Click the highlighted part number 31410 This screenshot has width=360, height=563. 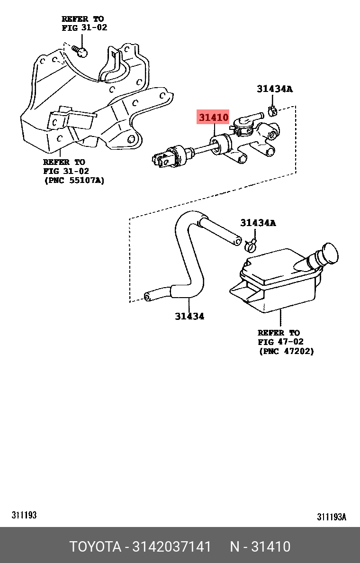click(213, 117)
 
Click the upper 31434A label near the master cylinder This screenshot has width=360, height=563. click(275, 89)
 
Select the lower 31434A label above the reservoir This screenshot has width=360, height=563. click(258, 223)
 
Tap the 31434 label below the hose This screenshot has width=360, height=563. click(189, 316)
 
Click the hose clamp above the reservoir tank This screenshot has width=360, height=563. click(251, 245)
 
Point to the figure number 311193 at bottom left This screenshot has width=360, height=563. click(24, 515)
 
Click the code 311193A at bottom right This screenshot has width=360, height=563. click(332, 517)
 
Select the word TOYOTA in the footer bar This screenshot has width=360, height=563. click(95, 546)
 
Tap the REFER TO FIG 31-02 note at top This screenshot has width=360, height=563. click(84, 23)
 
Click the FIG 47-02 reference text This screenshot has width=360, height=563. click(280, 342)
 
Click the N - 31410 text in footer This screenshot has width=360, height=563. click(260, 546)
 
